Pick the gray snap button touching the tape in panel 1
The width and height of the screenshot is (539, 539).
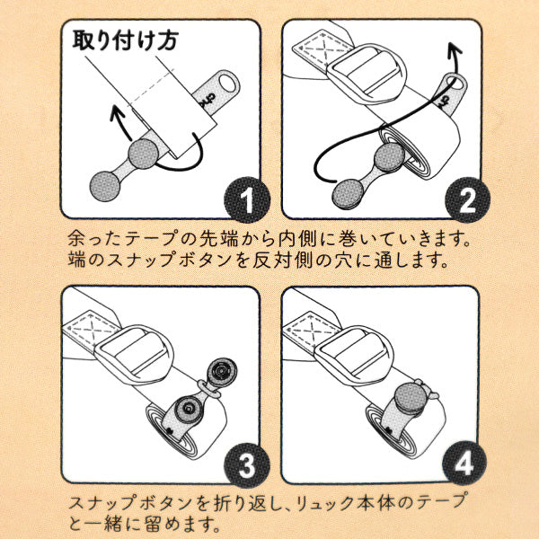tap(142, 155)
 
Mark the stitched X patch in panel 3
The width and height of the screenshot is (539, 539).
tap(93, 326)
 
